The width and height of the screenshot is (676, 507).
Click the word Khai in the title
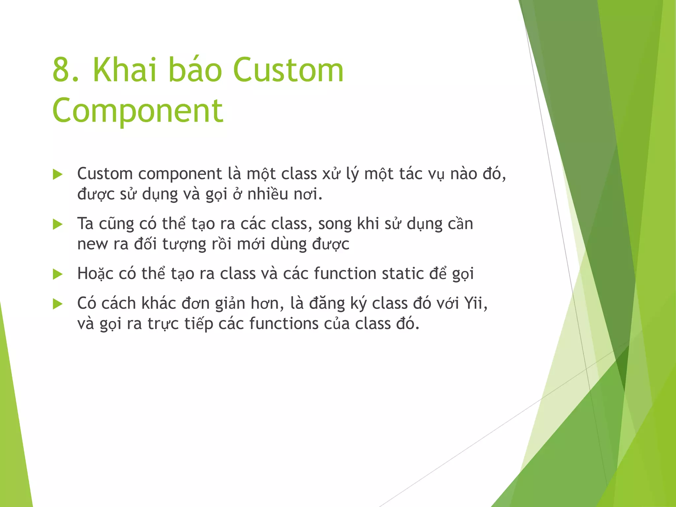tap(124, 70)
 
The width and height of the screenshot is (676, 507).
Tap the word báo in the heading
tap(195, 70)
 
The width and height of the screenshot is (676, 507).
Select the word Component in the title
tap(138, 111)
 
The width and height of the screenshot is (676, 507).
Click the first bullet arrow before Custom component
tap(58, 175)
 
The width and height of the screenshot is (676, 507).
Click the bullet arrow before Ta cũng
tap(58, 224)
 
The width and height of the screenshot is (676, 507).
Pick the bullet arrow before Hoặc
tap(58, 274)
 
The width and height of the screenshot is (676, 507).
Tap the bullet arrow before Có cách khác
tap(58, 304)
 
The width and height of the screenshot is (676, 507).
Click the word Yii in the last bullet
tap(473, 303)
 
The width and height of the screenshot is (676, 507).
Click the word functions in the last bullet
tap(284, 323)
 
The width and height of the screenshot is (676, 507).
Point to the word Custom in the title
tap(288, 70)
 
